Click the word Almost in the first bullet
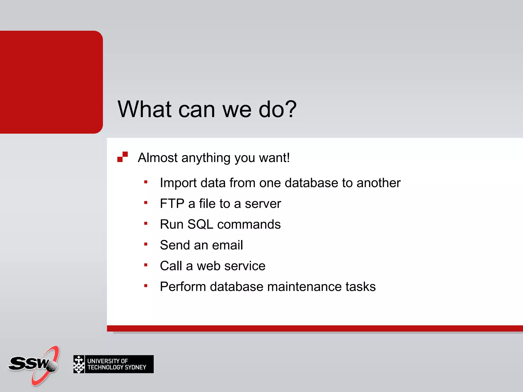pos(158,157)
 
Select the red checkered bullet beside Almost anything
pos(122,157)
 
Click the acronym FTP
pos(172,204)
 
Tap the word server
pos(263,204)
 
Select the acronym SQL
pos(200,224)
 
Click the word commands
pos(249,224)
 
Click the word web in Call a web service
pos(208,266)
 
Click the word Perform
pos(183,287)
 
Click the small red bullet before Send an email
pos(146,244)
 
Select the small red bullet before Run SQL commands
pos(146,224)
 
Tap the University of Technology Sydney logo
pos(113,364)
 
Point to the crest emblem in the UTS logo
pos(79,364)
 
